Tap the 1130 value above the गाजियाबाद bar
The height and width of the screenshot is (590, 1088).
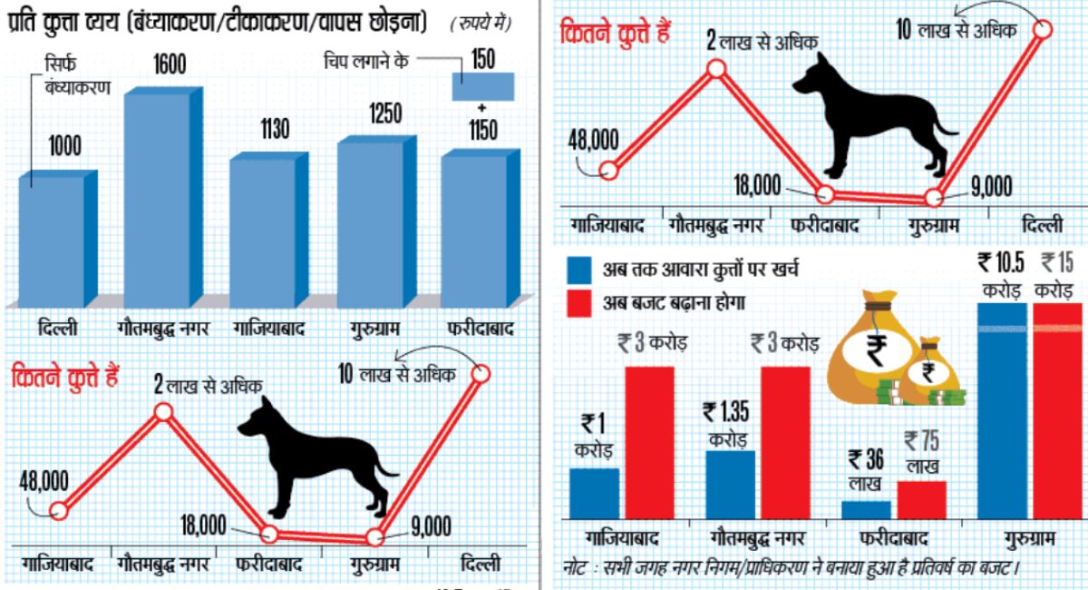pyautogui.click(x=260, y=130)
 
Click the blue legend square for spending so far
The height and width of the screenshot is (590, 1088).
pyautogui.click(x=579, y=270)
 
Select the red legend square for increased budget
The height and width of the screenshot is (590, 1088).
pyautogui.click(x=579, y=302)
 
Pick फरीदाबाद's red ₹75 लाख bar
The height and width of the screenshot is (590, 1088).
pyautogui.click(x=921, y=499)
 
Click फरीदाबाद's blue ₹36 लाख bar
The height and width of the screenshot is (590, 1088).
pyautogui.click(x=866, y=509)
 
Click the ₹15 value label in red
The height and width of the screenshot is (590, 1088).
pyautogui.click(x=1057, y=264)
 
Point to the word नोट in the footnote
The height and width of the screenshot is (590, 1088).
pyautogui.click(x=576, y=569)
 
